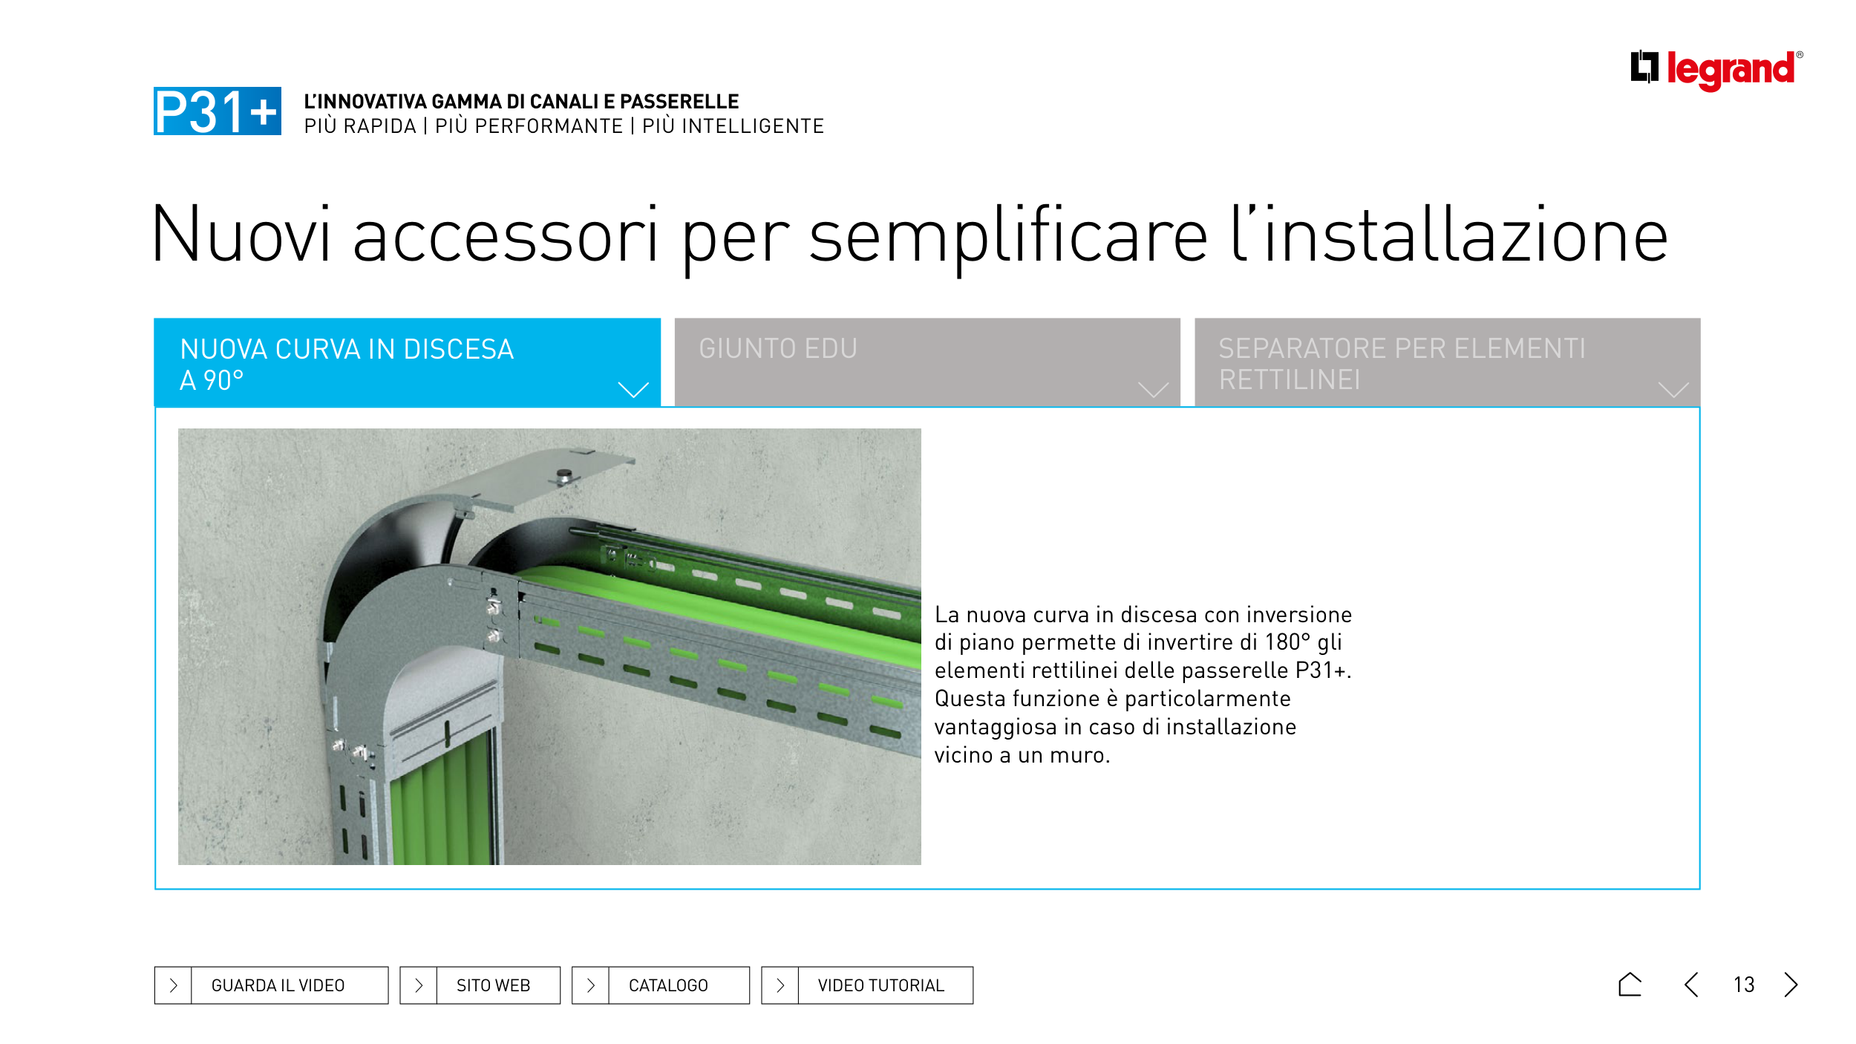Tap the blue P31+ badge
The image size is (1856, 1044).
pyautogui.click(x=218, y=111)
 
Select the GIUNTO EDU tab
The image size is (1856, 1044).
pyautogui.click(x=927, y=362)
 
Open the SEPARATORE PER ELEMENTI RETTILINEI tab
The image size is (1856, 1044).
pyautogui.click(x=1447, y=362)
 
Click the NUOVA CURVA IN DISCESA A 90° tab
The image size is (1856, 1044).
pyautogui.click(x=407, y=362)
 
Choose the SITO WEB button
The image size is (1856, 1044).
pyautogui.click(x=480, y=985)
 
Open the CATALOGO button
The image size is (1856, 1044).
pyautogui.click(x=661, y=985)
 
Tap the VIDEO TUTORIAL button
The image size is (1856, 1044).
pyautogui.click(x=867, y=985)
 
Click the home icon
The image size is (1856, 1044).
pyautogui.click(x=1630, y=985)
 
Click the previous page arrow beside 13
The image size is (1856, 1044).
pyautogui.click(x=1691, y=985)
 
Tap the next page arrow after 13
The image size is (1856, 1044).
pyautogui.click(x=1791, y=985)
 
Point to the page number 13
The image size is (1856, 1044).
pyautogui.click(x=1744, y=985)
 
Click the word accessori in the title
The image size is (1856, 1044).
pyautogui.click(x=506, y=236)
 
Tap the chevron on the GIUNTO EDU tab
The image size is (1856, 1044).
pyautogui.click(x=1153, y=390)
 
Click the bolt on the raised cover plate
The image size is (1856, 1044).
pyautogui.click(x=565, y=475)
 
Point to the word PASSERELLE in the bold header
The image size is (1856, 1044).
pyautogui.click(x=679, y=102)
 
